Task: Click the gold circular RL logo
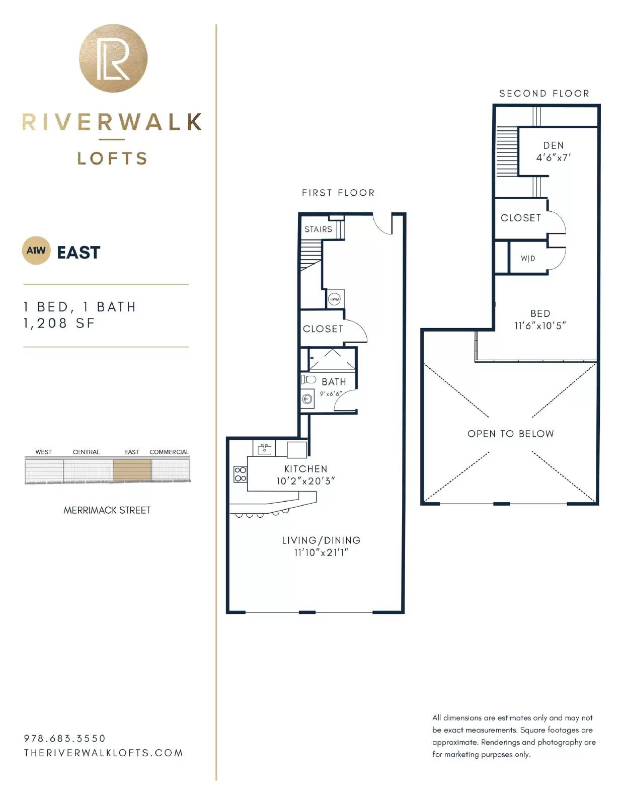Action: click(x=113, y=58)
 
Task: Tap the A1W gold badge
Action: click(x=36, y=251)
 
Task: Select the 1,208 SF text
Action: click(x=59, y=324)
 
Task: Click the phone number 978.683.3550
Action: click(x=65, y=738)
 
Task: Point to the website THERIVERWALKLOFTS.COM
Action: click(x=103, y=753)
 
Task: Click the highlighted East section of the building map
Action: click(x=132, y=469)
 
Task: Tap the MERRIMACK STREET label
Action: click(x=107, y=510)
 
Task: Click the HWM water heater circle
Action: click(x=334, y=299)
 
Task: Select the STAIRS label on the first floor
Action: click(x=318, y=229)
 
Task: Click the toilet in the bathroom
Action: click(x=308, y=379)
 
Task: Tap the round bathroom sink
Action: click(x=307, y=399)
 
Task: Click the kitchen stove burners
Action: click(x=240, y=474)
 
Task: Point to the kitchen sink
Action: click(x=265, y=449)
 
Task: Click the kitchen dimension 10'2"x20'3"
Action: click(x=305, y=481)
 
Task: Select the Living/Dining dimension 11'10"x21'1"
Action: click(x=321, y=552)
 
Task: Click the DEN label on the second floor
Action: click(x=554, y=145)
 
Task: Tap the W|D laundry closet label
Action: click(x=528, y=258)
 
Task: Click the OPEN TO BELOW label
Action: click(x=510, y=434)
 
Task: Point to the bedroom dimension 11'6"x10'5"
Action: click(x=540, y=326)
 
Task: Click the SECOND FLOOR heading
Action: click(x=544, y=94)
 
